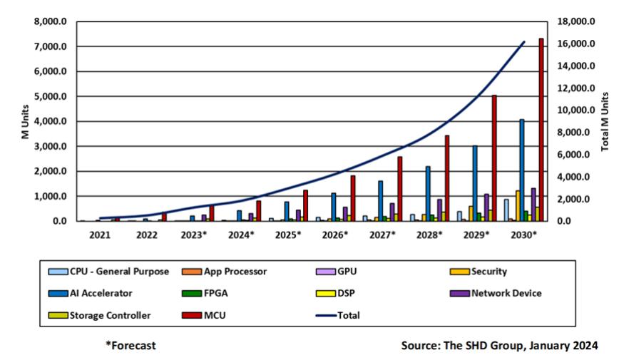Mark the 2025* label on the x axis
(287, 234)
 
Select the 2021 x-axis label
(100, 234)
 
